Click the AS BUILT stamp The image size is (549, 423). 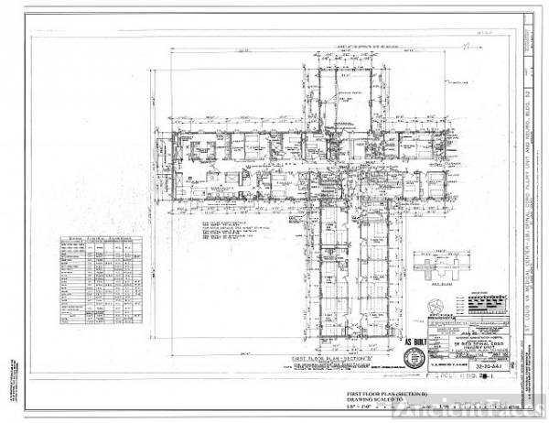click(x=414, y=339)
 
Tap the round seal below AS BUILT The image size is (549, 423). click(x=414, y=358)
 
